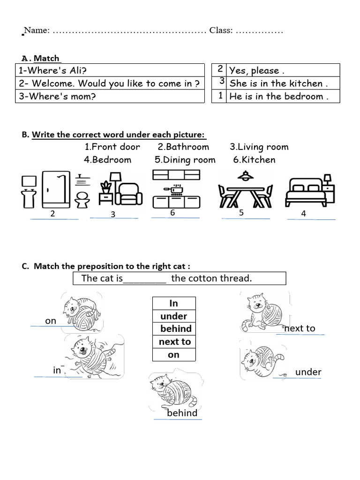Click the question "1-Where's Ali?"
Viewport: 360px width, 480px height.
[52, 71]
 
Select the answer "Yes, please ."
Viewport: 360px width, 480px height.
[256, 71]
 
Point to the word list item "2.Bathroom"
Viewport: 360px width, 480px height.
[183, 147]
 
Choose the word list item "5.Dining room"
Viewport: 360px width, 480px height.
[185, 160]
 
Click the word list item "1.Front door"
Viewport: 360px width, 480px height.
[112, 147]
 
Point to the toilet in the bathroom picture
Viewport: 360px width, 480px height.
[82, 199]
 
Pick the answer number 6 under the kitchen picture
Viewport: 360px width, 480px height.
[172, 213]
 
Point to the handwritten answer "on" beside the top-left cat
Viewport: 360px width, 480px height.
[51, 321]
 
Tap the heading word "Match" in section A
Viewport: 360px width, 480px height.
[46, 59]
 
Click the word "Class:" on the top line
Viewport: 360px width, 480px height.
[221, 30]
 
